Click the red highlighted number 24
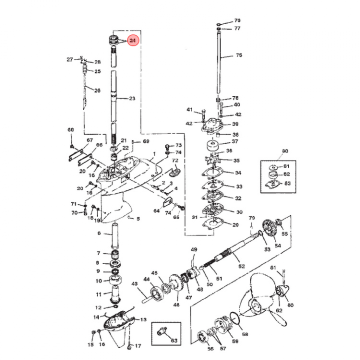click(x=132, y=40)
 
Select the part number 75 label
click(x=238, y=55)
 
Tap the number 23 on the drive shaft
click(x=132, y=98)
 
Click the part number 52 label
click(x=241, y=266)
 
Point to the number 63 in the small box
click(x=174, y=341)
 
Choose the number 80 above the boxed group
click(x=285, y=151)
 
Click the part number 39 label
click(x=235, y=124)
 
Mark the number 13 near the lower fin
click(x=143, y=319)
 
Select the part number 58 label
click(x=245, y=333)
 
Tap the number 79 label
click(x=252, y=218)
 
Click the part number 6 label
click(x=98, y=233)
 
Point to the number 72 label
click(x=175, y=160)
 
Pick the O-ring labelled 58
click(x=233, y=318)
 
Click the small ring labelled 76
click(x=220, y=23)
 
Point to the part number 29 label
click(x=235, y=225)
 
